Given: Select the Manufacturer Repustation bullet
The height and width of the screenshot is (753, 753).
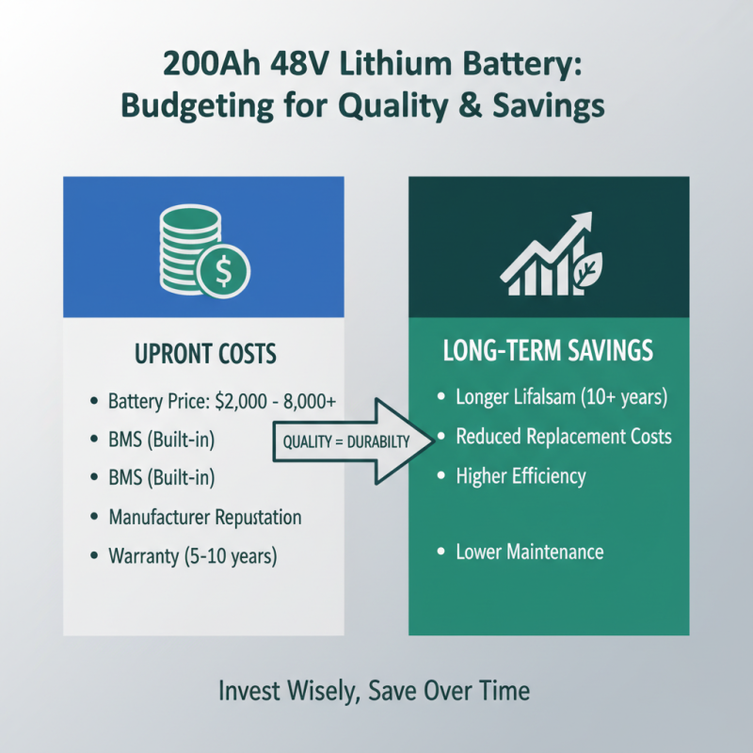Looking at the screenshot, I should [205, 517].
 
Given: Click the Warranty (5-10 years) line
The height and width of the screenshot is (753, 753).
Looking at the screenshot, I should [193, 556].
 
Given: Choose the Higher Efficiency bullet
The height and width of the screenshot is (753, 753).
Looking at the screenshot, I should [521, 475].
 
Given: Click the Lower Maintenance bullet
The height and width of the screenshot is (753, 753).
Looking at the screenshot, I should [529, 552].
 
